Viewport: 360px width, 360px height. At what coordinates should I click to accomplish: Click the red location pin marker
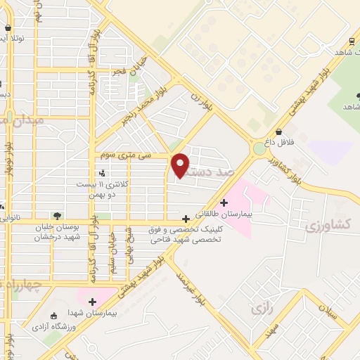point(181,165)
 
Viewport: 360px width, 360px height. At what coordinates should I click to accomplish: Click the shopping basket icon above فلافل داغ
point(279,131)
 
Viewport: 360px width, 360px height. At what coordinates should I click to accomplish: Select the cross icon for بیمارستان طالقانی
point(224,202)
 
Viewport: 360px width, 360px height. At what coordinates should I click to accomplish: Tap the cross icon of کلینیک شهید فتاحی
point(186,219)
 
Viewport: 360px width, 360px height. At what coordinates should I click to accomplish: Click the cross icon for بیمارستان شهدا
point(91,301)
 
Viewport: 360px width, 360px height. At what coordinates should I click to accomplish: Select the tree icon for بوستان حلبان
point(56,216)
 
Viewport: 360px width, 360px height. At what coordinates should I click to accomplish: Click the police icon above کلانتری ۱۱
point(103,172)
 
